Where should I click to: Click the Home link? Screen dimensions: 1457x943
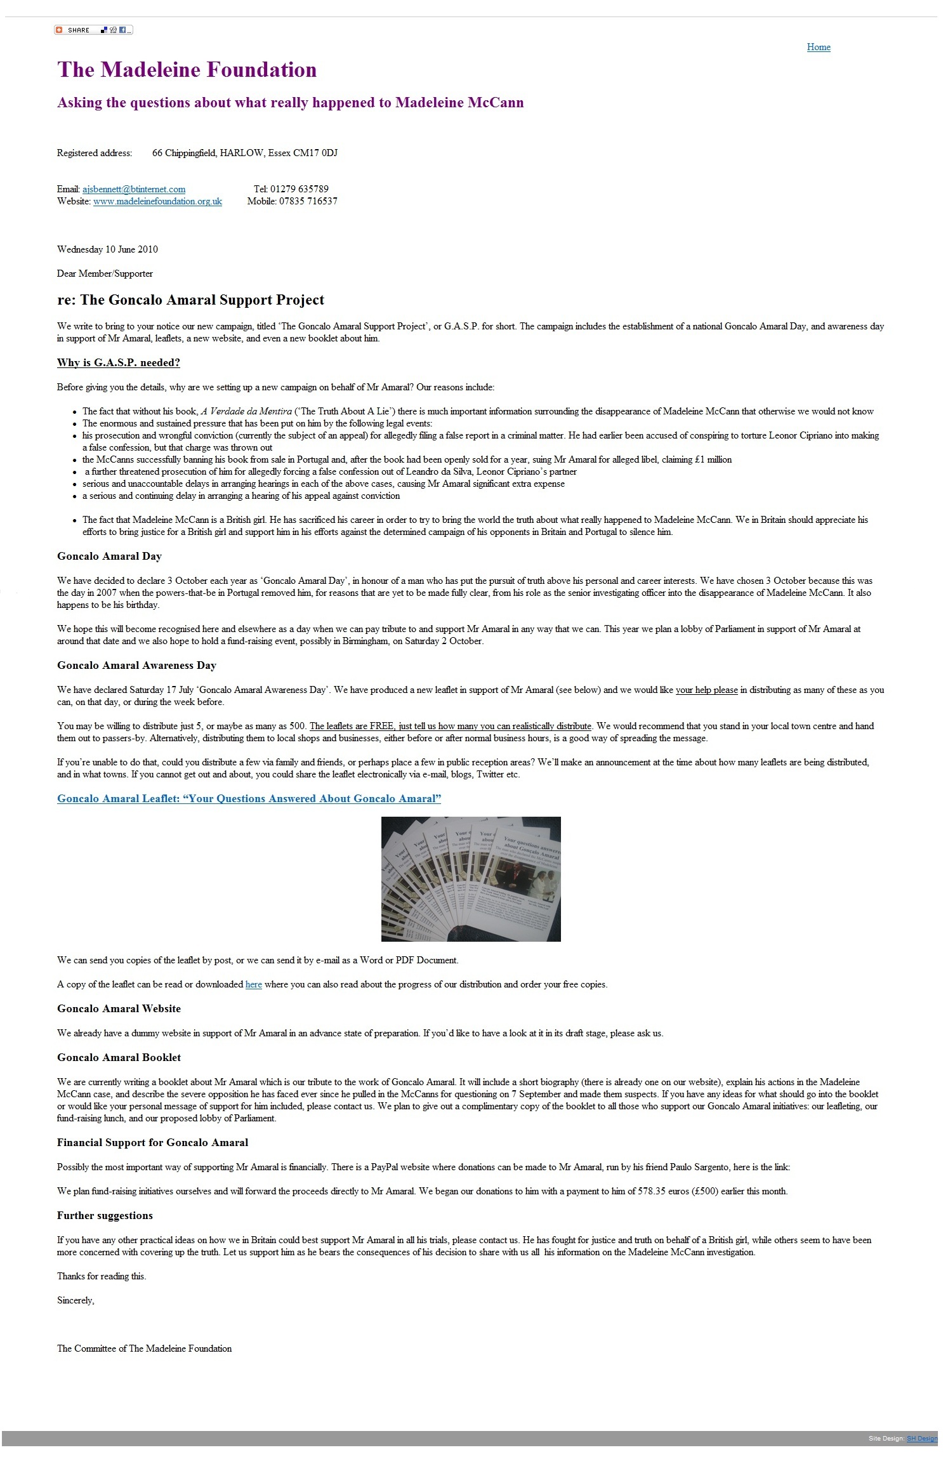pos(818,47)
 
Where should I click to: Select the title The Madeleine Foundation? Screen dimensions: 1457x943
pos(187,70)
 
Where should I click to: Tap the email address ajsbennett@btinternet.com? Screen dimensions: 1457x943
pos(134,189)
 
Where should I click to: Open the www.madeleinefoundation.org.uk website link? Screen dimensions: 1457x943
pos(157,201)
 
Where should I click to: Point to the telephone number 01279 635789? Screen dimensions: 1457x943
pos(299,189)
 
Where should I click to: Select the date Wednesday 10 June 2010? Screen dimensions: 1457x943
pos(107,249)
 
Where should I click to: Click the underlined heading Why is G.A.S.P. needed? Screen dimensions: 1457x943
pos(119,363)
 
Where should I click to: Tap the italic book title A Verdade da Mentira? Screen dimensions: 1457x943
pos(246,411)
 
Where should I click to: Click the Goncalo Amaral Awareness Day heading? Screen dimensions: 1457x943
pos(136,666)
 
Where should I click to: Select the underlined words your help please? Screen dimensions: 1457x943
pos(706,690)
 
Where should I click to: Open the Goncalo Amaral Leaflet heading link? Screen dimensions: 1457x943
pos(249,799)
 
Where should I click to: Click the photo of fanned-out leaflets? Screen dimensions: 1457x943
pos(471,879)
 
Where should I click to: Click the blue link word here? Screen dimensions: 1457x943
pos(253,985)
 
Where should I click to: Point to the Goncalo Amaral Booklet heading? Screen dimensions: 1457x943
pos(119,1058)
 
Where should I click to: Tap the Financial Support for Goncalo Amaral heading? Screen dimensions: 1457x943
pos(152,1143)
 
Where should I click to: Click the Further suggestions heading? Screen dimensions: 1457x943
pos(105,1216)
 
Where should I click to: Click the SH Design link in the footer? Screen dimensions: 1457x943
pos(921,1439)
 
